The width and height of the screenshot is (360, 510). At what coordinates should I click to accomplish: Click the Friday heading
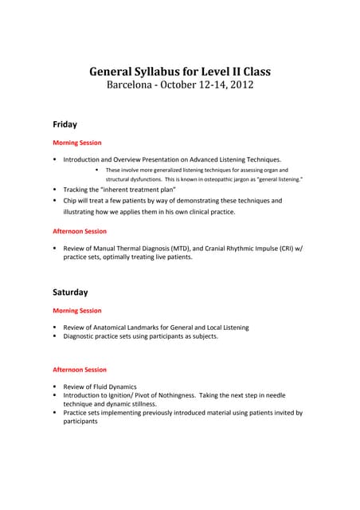tap(65, 124)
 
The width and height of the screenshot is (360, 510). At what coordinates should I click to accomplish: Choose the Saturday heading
tap(70, 292)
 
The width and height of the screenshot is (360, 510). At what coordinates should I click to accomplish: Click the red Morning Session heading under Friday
tap(77, 143)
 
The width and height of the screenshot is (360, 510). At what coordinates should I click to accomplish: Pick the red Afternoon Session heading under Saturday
tap(80, 370)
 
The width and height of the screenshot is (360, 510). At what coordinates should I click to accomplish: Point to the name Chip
tap(71, 201)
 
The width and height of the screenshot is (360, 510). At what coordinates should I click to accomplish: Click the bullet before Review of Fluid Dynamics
tap(55, 386)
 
